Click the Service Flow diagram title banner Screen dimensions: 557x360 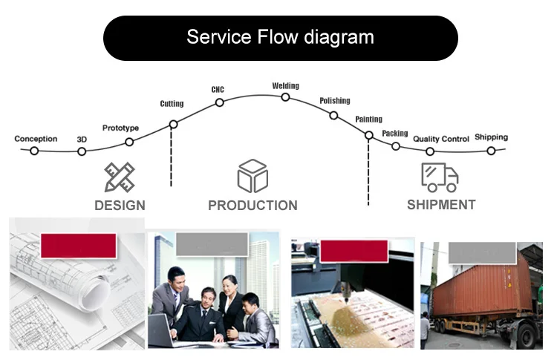coord(280,38)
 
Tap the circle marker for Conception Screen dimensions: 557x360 coord(34,151)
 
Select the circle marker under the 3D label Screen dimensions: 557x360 coord(82,151)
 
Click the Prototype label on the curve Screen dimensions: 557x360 coord(120,128)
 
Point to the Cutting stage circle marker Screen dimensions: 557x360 coord(173,124)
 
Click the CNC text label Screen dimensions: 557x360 coord(218,90)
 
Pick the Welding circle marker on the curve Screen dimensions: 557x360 coord(285,97)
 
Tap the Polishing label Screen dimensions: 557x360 coord(335,101)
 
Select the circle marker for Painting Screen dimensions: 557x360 coord(368,135)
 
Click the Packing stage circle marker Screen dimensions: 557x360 coord(396,146)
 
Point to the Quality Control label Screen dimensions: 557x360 coord(441,139)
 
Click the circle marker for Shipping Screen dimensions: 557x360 coord(491,151)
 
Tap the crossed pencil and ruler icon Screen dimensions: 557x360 coord(120,177)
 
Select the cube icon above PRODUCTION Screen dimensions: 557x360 coord(253,176)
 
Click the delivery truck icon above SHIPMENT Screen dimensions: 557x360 coord(440,177)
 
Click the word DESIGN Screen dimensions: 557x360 coord(120,205)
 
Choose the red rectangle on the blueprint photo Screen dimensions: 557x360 coord(79,246)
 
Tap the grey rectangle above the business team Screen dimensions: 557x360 coord(212,244)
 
